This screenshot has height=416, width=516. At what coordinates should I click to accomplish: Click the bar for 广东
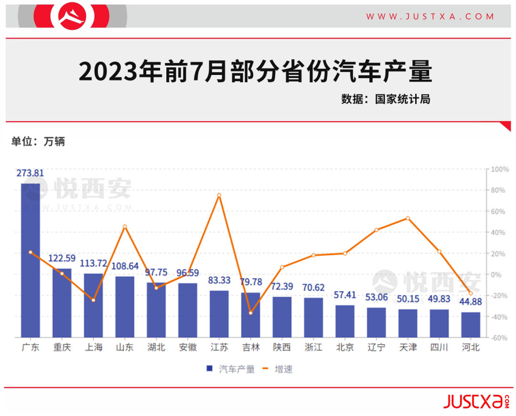[x=31, y=260]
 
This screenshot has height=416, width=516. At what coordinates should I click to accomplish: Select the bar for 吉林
[x=251, y=315]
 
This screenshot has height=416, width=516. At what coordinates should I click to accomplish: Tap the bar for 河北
[x=471, y=325]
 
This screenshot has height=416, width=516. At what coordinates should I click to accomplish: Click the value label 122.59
[x=62, y=258]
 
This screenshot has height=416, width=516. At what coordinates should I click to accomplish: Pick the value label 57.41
[x=345, y=295]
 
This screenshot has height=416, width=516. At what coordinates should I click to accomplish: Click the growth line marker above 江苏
[x=219, y=195]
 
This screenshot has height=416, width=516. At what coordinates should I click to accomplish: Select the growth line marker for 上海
[x=93, y=300]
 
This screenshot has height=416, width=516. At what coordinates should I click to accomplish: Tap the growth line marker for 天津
[x=408, y=218]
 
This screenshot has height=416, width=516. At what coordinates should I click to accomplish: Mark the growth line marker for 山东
[x=125, y=226]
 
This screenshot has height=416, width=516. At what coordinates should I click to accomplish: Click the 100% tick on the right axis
[x=500, y=170]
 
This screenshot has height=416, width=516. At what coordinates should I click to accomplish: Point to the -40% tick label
[x=499, y=317]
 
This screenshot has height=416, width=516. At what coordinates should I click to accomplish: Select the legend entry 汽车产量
[x=231, y=369]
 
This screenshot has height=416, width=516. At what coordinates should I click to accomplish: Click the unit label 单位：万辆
[x=38, y=141]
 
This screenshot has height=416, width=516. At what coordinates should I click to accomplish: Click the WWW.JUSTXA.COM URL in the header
[x=430, y=16]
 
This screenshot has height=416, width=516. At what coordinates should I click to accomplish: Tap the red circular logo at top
[x=73, y=16]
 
